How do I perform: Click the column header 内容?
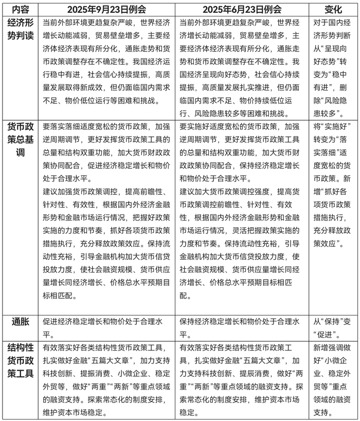pos(21,9)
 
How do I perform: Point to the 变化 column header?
pos(334,9)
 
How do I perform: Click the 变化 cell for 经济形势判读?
pos(334,67)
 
